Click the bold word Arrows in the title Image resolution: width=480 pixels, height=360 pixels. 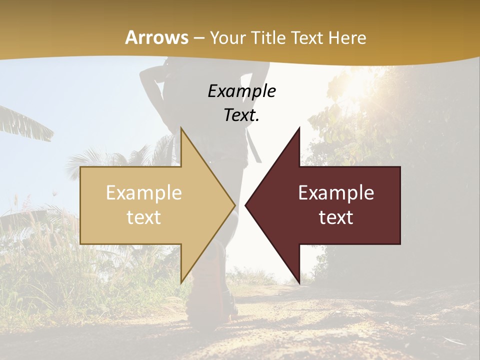156,37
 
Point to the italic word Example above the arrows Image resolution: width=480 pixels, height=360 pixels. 241,91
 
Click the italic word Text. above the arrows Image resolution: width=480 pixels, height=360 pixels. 241,115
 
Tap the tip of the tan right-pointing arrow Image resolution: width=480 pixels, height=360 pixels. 234,205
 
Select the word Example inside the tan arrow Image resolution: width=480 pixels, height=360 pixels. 144,193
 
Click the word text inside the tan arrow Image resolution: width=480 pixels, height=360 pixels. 144,217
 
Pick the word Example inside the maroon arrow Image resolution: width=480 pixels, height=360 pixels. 336,193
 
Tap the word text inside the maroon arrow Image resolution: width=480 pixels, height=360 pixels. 336,217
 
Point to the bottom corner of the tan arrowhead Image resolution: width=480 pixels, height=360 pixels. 181,282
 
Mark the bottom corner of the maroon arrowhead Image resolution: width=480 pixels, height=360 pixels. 299,282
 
